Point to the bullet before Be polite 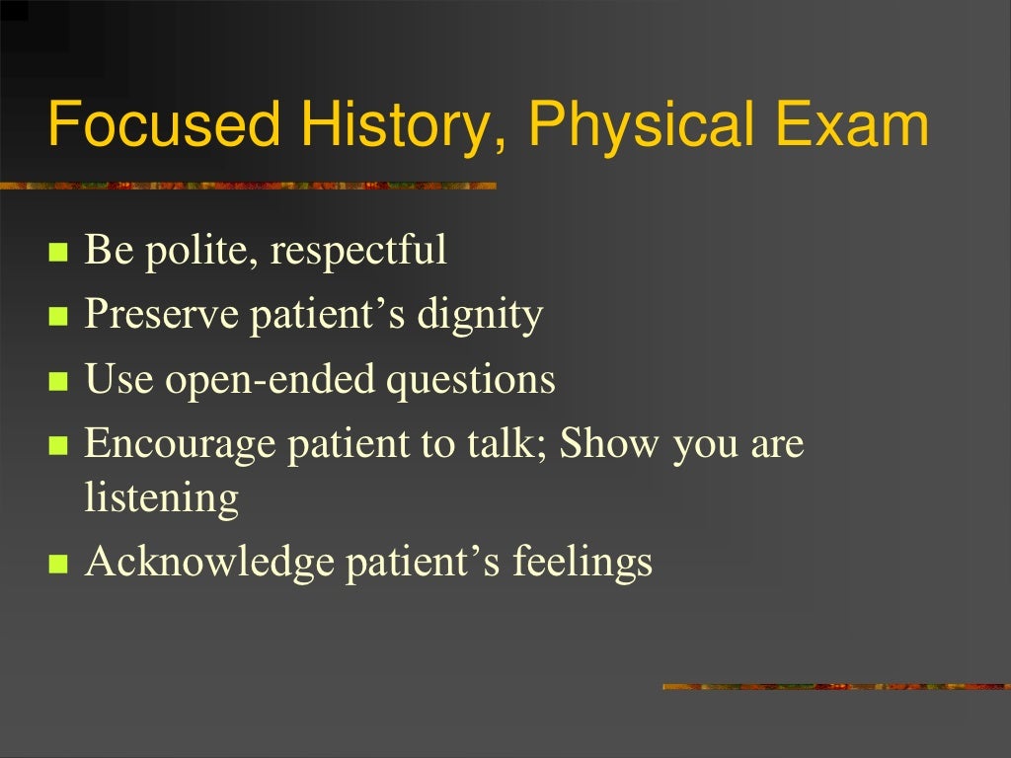[57, 253]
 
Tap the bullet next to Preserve [57, 318]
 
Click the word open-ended [270, 380]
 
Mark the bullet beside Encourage [57, 446]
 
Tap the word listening [162, 498]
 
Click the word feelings [583, 563]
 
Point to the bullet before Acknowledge [57, 565]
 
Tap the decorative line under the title [247, 185]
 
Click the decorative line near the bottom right [835, 686]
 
